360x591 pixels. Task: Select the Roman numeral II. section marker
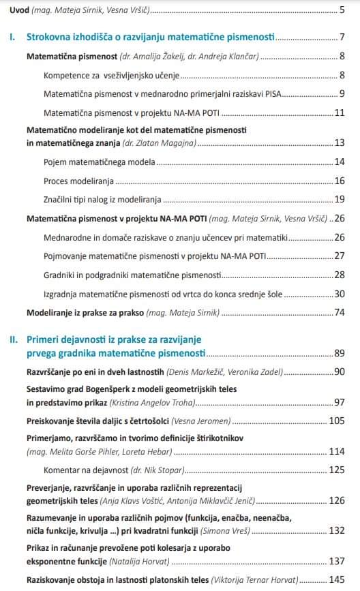[x=13, y=339]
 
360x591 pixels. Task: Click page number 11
[x=339, y=112]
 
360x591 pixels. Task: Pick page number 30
[x=339, y=294]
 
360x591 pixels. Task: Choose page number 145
[x=337, y=580]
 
